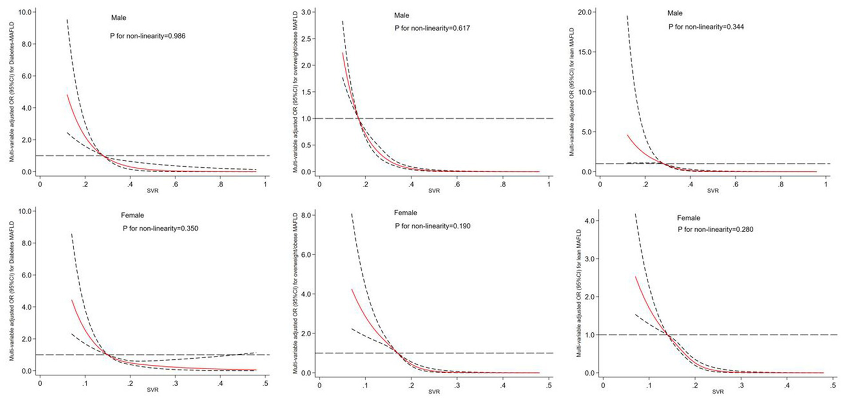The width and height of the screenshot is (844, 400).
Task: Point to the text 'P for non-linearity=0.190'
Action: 433,226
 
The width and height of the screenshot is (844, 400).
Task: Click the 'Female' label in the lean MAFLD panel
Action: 691,217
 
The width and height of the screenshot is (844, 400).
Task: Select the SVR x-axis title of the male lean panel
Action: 713,191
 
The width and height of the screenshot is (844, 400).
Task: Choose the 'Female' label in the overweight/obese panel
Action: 406,212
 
